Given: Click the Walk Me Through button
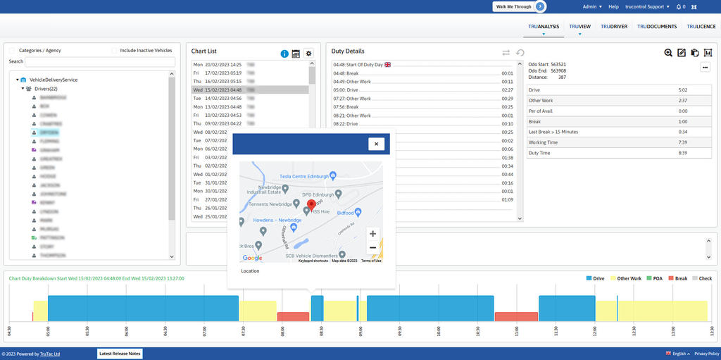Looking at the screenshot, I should tap(518, 6).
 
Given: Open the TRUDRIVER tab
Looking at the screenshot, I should tap(614, 27).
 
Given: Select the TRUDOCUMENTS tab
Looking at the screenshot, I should tap(657, 27).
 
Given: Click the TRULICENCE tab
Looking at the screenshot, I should tap(701, 27).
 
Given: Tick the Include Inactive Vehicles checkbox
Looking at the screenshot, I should tap(115, 51).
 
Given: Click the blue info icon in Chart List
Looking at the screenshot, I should tap(284, 54).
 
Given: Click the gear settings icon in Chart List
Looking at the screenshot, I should tap(308, 54).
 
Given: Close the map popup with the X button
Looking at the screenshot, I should tap(376, 144).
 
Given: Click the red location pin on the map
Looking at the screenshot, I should tap(312, 205).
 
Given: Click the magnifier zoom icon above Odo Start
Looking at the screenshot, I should tap(668, 53).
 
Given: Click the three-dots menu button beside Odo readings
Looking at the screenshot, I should tap(705, 67).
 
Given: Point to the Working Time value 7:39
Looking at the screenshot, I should tap(682, 142).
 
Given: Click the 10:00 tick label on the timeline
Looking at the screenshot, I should tap(438, 332).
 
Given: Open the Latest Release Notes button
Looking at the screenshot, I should tap(120, 354).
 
